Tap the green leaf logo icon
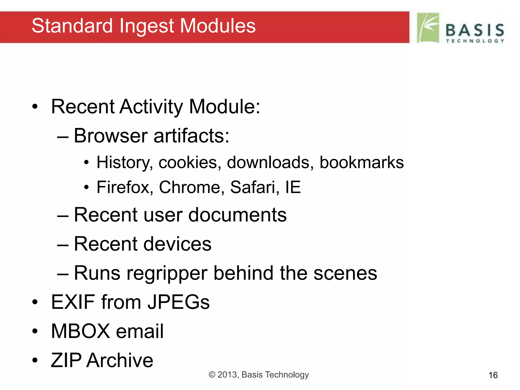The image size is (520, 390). click(x=428, y=28)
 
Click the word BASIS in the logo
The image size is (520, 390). click(x=475, y=30)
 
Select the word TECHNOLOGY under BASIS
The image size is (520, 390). click(x=475, y=41)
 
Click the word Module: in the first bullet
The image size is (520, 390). click(x=225, y=107)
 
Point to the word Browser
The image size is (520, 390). click(x=111, y=136)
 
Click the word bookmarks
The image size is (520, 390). click(x=361, y=162)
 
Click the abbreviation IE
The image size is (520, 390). click(x=293, y=187)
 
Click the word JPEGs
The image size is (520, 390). click(x=179, y=302)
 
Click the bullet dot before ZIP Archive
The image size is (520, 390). click(x=35, y=360)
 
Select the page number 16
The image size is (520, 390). click(x=493, y=375)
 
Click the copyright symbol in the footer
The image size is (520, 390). click(x=212, y=375)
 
